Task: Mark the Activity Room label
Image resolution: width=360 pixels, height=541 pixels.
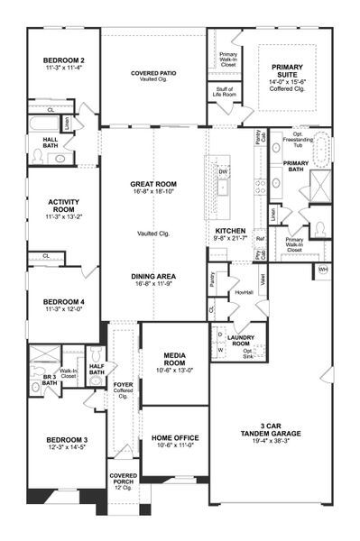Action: coord(60,211)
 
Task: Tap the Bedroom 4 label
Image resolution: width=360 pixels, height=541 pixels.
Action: coord(60,305)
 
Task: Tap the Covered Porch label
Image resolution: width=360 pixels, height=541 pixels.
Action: coord(123,481)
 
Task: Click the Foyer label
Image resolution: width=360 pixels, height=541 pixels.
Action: coord(123,389)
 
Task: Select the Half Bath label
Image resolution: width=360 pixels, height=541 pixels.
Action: coord(97,368)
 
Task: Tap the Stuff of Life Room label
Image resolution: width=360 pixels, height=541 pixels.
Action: coord(226,90)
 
